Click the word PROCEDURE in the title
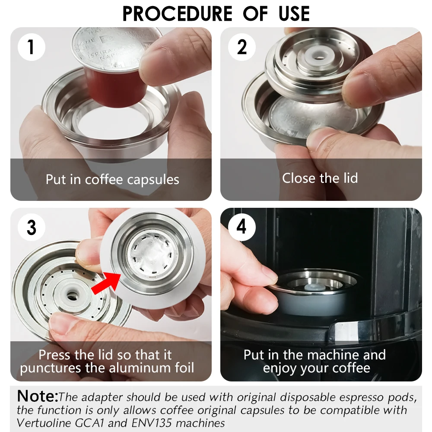point(177,14)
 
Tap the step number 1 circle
point(31,47)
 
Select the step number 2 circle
point(241,47)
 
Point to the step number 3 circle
point(31,227)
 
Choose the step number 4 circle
point(241,227)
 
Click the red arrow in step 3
point(106,283)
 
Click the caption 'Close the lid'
point(320,178)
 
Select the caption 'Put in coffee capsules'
point(112,180)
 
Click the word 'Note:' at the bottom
point(38,396)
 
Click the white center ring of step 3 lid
point(72,294)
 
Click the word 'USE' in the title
point(294,14)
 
